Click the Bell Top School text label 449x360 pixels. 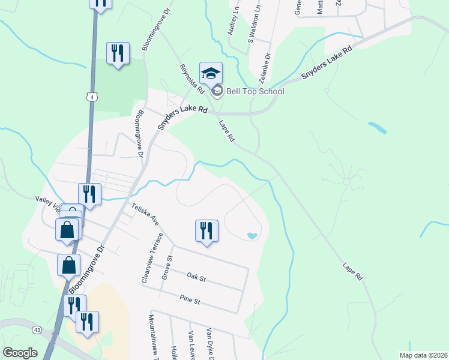pos(255,91)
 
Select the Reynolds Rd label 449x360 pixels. pos(188,78)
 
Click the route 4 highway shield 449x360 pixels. pos(91,97)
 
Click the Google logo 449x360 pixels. pos(20,353)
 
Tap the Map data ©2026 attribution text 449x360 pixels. pos(423,355)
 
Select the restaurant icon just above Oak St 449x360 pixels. pos(206,231)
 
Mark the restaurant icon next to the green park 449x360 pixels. pos(118,53)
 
